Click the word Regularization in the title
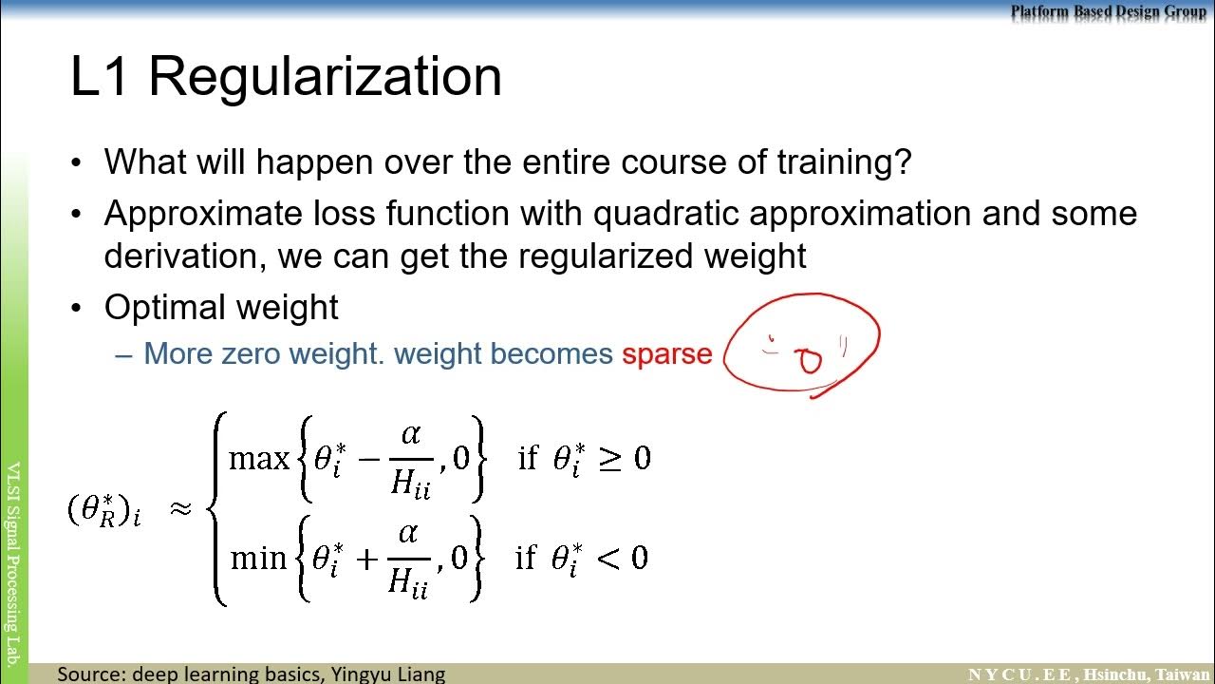pyautogui.click(x=325, y=78)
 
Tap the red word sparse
pyautogui.click(x=666, y=354)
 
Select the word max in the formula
pyautogui.click(x=258, y=460)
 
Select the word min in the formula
pyautogui.click(x=258, y=558)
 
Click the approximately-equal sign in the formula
pyautogui.click(x=180, y=509)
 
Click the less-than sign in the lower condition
pyautogui.click(x=608, y=558)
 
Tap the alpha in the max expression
pyautogui.click(x=410, y=434)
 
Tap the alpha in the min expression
pyautogui.click(x=408, y=533)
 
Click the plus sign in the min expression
pyautogui.click(x=367, y=559)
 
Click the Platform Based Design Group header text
pyautogui.click(x=1108, y=11)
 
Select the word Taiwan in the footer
pyautogui.click(x=1182, y=674)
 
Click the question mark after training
pyautogui.click(x=902, y=162)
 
